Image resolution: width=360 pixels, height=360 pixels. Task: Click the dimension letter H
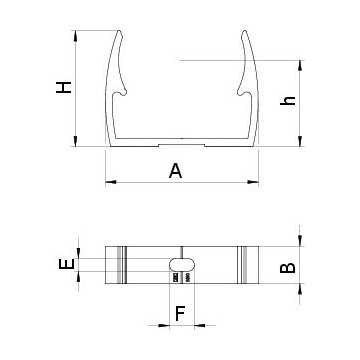[64, 87]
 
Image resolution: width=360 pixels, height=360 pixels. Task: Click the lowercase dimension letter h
[288, 101]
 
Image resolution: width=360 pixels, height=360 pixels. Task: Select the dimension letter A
[176, 171]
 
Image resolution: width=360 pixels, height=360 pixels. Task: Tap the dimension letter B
[288, 268]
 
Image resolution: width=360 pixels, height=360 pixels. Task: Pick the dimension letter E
[67, 265]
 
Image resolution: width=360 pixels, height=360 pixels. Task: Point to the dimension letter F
[180, 314]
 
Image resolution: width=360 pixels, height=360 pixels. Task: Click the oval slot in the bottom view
[182, 265]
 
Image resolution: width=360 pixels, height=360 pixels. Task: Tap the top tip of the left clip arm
[119, 31]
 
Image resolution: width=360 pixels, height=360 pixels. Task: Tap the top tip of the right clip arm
[244, 31]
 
